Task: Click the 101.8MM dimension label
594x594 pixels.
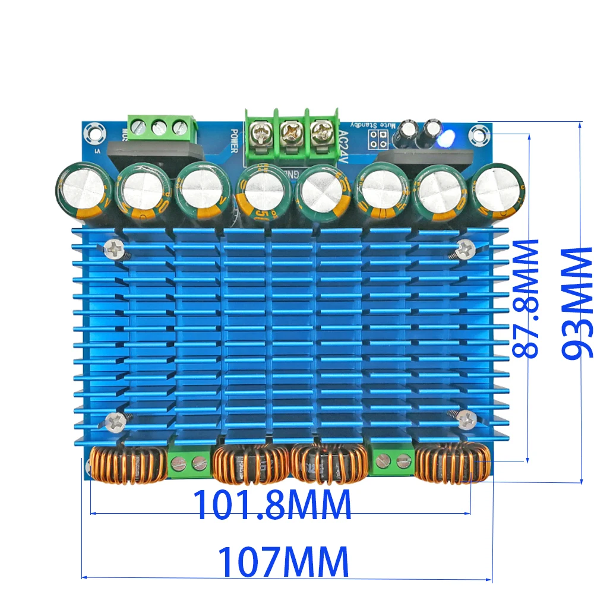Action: [x=273, y=504]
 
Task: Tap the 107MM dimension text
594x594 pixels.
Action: [x=283, y=561]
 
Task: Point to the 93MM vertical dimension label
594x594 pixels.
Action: [x=577, y=303]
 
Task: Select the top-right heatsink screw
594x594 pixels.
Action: [x=465, y=247]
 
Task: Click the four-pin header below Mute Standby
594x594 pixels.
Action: [x=377, y=139]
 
